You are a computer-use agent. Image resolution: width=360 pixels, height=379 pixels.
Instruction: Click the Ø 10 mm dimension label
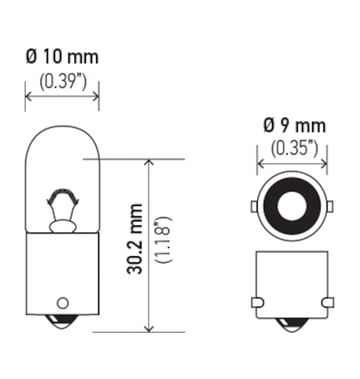(x=62, y=57)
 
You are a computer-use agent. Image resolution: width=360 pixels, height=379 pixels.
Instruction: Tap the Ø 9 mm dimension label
(x=294, y=126)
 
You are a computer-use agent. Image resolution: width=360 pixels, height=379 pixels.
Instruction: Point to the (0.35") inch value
(x=294, y=148)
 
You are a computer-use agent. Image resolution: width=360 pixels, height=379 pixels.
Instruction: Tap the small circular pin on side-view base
(x=62, y=303)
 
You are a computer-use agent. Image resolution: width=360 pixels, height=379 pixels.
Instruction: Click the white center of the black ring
(x=292, y=206)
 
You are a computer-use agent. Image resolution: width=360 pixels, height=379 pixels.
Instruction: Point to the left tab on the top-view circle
(x=254, y=206)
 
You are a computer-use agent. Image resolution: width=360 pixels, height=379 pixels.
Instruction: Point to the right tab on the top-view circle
(x=330, y=206)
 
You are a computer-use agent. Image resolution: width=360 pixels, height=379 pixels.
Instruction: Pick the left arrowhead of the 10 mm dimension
(x=28, y=96)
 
